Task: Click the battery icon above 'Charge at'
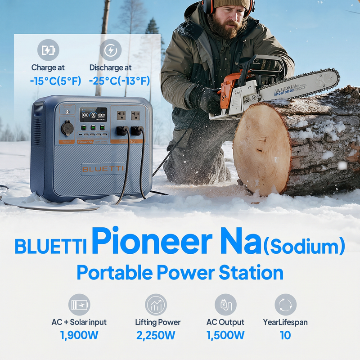coord(48,50)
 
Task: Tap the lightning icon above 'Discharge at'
coord(110,50)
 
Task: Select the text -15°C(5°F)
coord(55,81)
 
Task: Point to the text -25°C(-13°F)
coord(119,81)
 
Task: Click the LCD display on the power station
coord(93,115)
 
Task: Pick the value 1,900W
coord(79,335)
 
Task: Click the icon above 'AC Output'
coord(225,305)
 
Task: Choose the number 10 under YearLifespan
coord(285,335)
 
